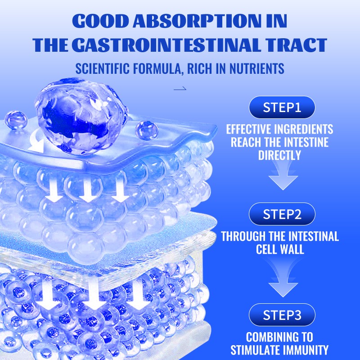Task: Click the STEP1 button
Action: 282,108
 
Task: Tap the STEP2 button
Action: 282,214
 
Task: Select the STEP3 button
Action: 282,315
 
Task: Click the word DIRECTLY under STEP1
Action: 280,155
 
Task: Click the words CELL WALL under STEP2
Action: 280,249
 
